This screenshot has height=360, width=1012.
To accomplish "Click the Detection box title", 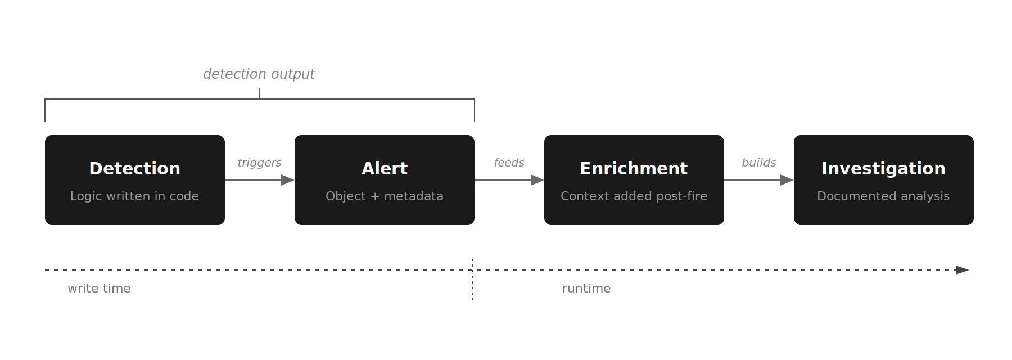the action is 135,168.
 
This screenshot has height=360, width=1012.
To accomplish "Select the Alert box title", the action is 385,168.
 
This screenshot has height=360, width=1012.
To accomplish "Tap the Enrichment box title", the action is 634,168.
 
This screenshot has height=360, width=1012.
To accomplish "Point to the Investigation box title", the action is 883,168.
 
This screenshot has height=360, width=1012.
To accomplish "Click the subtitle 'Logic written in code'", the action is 134,196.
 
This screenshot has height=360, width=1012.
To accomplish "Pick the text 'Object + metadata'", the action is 385,196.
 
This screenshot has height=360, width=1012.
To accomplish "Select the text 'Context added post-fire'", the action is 634,196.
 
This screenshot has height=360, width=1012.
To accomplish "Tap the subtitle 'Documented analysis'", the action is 883,196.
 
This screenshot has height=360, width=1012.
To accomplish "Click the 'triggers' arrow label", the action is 259,163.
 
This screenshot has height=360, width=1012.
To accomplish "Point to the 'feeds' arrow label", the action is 509,163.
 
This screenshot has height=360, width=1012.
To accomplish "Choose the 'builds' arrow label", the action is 758,163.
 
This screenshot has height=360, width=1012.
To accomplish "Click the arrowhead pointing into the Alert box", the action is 288,180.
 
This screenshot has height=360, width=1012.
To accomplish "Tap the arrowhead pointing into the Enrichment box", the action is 537,180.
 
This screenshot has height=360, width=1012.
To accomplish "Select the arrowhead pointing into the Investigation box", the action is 787,180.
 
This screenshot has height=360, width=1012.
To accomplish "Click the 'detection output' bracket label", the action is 259,74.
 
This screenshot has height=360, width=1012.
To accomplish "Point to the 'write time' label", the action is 99,288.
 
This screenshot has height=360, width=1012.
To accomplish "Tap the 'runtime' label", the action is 586,288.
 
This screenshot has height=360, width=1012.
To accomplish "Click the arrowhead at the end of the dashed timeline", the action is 963,270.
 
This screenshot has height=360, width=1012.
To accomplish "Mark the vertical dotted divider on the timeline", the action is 472,281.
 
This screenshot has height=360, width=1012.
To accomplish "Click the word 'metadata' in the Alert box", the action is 414,196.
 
